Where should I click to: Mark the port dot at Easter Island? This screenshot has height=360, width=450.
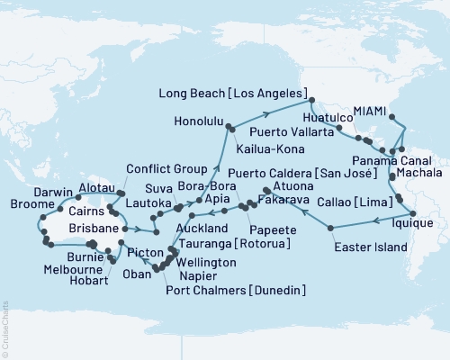(x=330, y=228)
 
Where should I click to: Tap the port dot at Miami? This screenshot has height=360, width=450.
(x=391, y=116)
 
